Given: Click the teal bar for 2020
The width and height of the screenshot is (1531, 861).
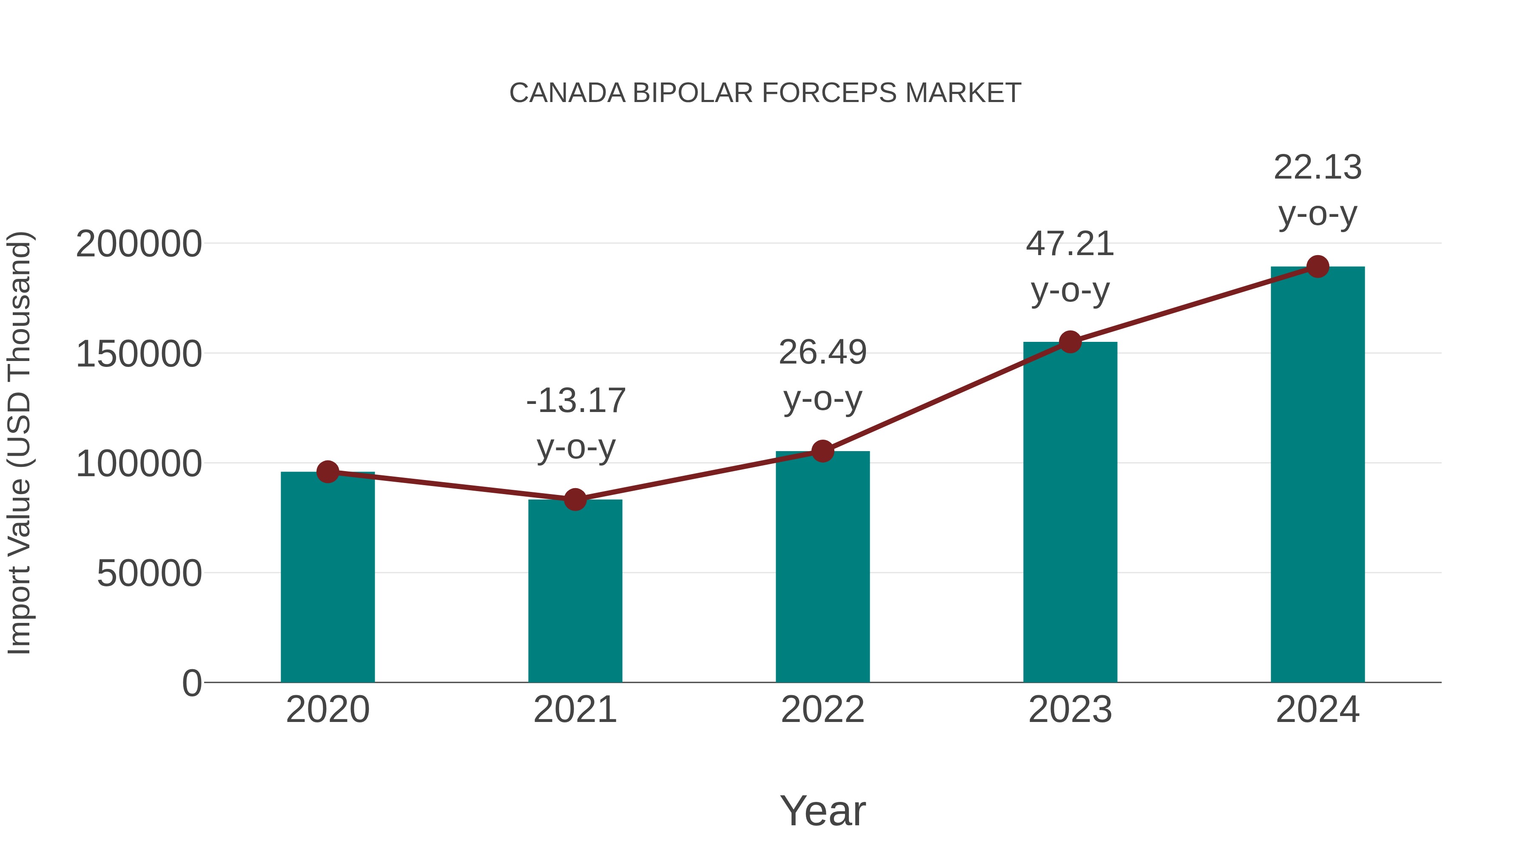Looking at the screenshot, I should pyautogui.click(x=327, y=580).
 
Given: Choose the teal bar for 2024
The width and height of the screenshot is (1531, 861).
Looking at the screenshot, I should pyautogui.click(x=1318, y=475).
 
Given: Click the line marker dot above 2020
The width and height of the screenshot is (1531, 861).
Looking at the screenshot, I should pyautogui.click(x=327, y=472).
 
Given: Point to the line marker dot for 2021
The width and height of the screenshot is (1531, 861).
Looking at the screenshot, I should pyautogui.click(x=575, y=500).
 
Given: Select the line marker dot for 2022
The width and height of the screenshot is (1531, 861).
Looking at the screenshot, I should pyautogui.click(x=822, y=452).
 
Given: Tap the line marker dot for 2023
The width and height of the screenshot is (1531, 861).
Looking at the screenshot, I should pyautogui.click(x=1070, y=342).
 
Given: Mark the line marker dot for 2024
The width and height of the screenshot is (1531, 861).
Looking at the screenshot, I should pyautogui.click(x=1318, y=267).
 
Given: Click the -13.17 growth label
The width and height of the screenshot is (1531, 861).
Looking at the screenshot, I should pyautogui.click(x=576, y=401).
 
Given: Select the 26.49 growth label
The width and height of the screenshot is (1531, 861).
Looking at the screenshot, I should pyautogui.click(x=822, y=352).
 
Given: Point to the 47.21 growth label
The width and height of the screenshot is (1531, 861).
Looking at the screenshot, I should pyautogui.click(x=1070, y=244).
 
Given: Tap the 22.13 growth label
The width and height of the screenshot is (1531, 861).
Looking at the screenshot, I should pyautogui.click(x=1318, y=168).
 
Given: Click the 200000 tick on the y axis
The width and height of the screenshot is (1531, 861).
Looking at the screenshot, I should pyautogui.click(x=139, y=244).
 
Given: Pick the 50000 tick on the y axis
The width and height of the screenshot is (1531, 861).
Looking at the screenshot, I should pyautogui.click(x=149, y=574).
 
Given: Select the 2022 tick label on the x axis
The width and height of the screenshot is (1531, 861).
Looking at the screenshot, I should pyautogui.click(x=822, y=710).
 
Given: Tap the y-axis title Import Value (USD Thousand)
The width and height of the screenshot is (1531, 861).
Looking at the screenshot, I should pyautogui.click(x=19, y=443).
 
